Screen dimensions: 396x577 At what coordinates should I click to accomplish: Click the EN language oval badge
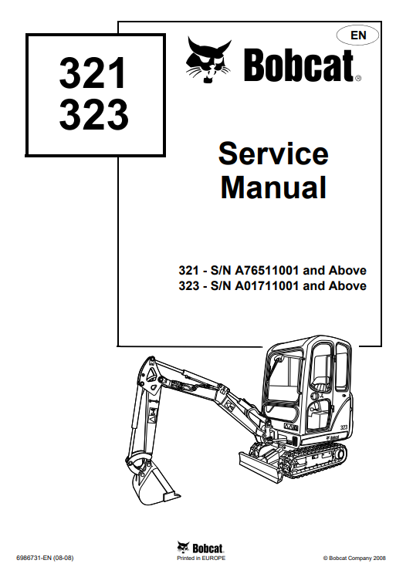(x=357, y=35)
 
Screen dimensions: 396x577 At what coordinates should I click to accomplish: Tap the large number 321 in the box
(x=93, y=73)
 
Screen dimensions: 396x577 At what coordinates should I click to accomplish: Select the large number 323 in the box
(x=93, y=113)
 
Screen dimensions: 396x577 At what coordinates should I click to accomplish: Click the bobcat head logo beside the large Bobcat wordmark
(x=209, y=60)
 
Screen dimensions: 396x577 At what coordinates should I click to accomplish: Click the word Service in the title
(x=273, y=154)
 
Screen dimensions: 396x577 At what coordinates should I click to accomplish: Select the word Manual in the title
(x=273, y=187)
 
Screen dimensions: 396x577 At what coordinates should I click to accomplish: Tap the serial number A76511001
(x=266, y=271)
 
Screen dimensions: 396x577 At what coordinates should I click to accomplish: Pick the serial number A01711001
(x=266, y=286)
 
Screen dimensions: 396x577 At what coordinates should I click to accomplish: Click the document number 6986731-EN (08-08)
(x=45, y=558)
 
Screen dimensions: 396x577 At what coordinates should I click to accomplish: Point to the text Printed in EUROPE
(x=201, y=558)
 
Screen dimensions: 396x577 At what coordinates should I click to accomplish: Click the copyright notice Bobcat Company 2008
(x=354, y=558)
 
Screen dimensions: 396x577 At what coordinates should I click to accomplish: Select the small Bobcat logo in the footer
(x=201, y=548)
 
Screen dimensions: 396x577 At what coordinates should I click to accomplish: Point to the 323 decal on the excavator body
(x=344, y=427)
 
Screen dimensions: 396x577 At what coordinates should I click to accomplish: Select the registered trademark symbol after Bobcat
(x=358, y=78)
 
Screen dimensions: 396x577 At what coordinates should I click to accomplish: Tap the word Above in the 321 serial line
(x=347, y=271)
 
